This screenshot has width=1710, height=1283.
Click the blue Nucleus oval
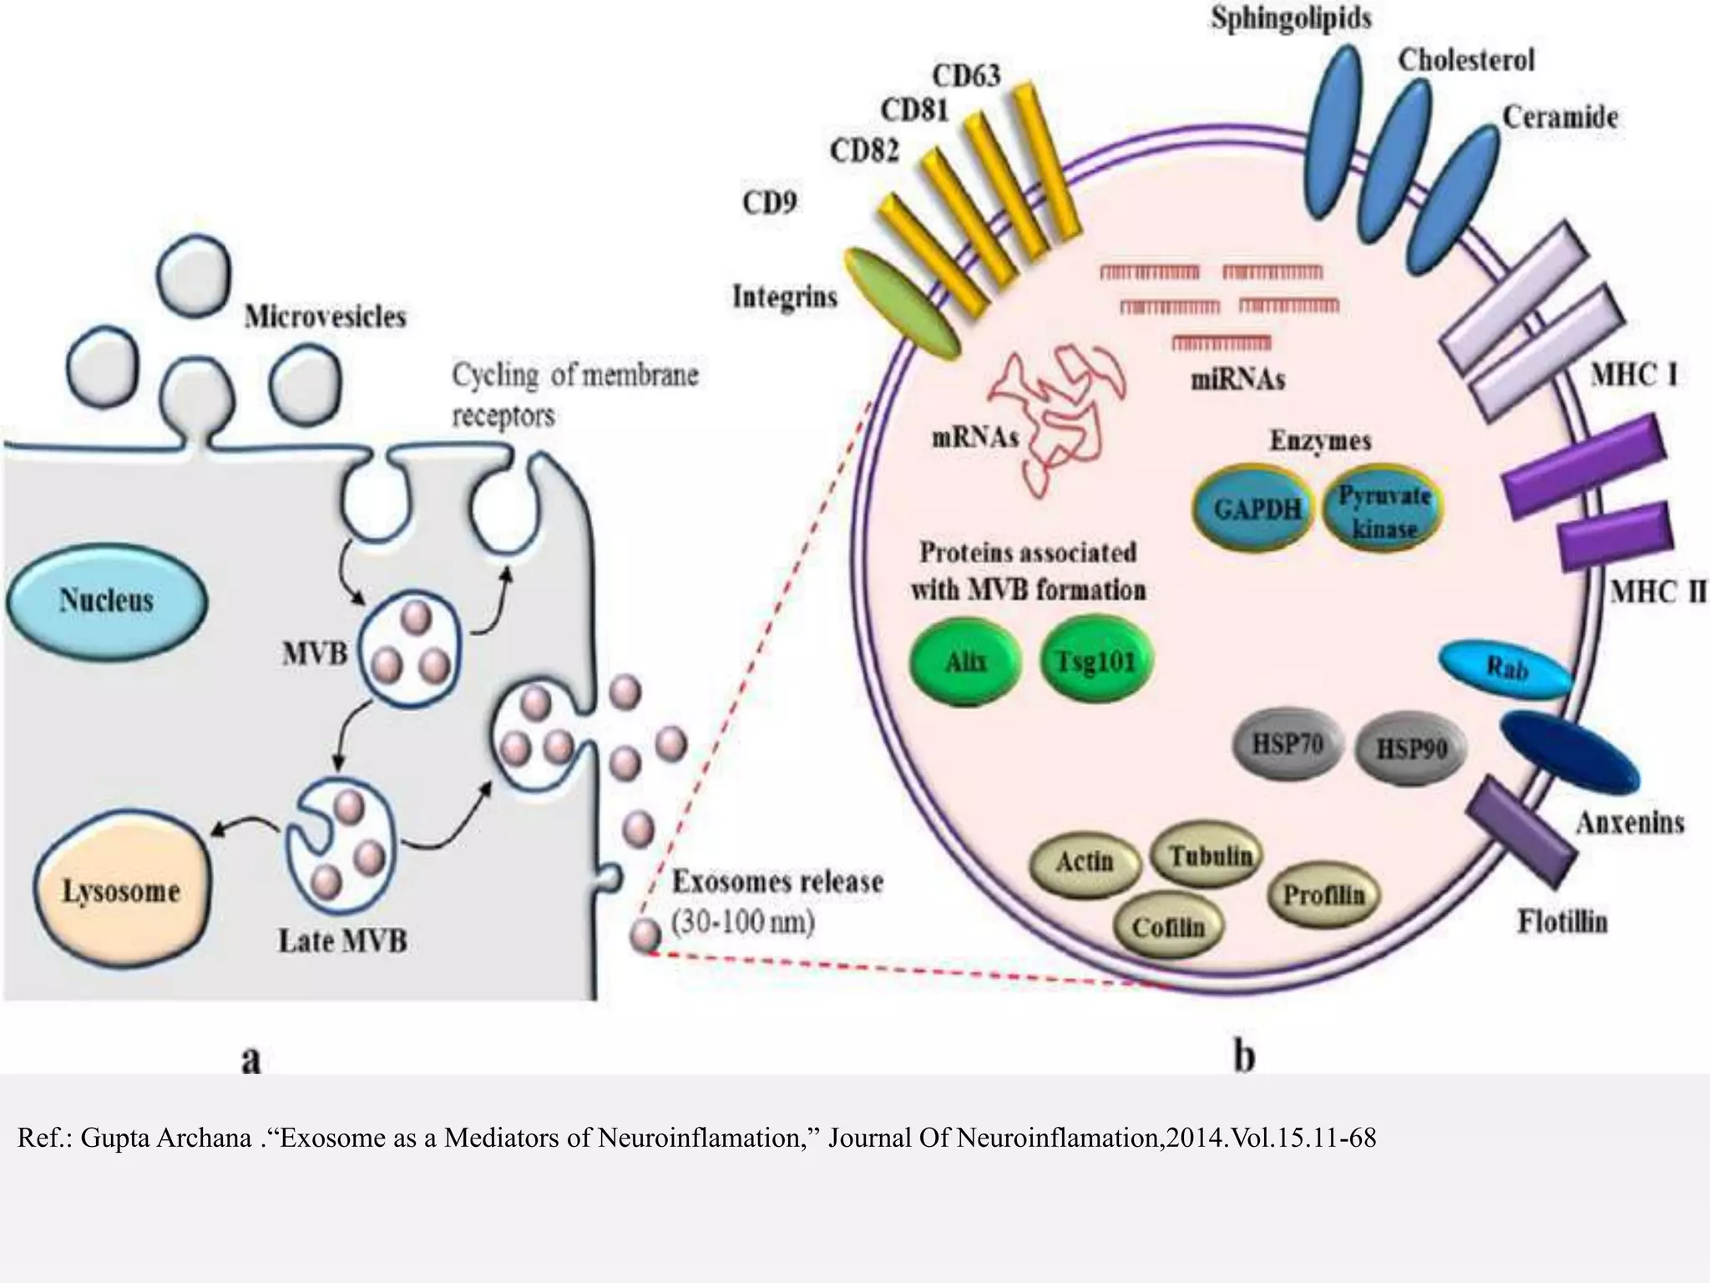coord(106,600)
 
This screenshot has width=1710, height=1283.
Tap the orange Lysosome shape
coord(122,891)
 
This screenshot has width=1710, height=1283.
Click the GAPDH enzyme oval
coord(1256,509)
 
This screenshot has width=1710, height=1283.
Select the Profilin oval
coord(1323,895)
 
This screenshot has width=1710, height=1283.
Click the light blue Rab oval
coord(1503,668)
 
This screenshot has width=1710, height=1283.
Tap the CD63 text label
coord(965,76)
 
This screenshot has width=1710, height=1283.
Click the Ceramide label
coord(1560,117)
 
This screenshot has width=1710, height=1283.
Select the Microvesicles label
coord(325,317)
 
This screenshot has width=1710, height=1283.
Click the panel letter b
coord(1243,1057)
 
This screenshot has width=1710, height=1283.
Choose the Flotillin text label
coord(1561,922)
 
